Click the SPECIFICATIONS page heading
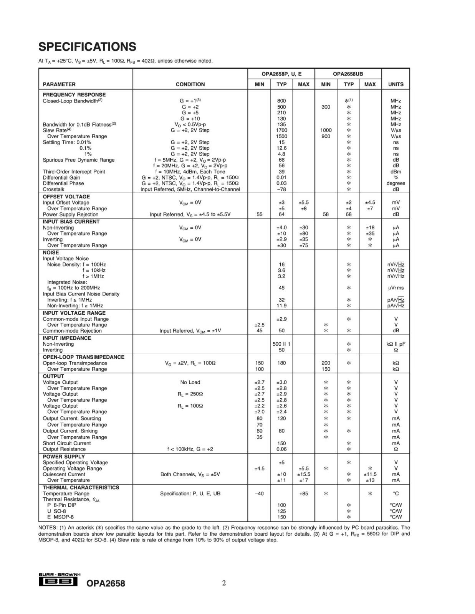(x=87, y=47)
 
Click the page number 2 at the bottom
(x=224, y=583)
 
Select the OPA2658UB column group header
(x=348, y=74)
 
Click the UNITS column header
(x=396, y=84)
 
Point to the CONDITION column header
(x=190, y=84)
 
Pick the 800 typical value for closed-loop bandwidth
(x=281, y=101)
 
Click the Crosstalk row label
(x=54, y=189)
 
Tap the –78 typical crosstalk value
(x=281, y=189)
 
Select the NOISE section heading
(x=51, y=253)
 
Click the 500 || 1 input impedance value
(x=281, y=344)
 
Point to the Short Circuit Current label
(x=67, y=443)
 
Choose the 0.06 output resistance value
(x=281, y=449)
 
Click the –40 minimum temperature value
(x=259, y=494)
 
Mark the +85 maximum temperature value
(x=303, y=494)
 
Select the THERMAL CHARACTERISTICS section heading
(x=81, y=487)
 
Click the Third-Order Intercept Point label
(x=74, y=172)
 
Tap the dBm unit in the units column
(x=396, y=172)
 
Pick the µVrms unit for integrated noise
(x=396, y=288)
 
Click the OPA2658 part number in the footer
(x=106, y=583)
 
